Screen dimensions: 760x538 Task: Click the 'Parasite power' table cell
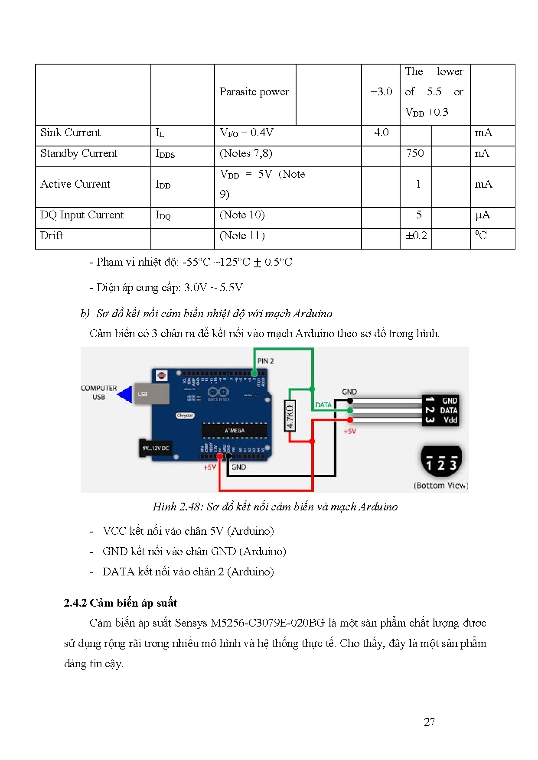[x=254, y=92]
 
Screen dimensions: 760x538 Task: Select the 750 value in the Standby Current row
[x=415, y=153]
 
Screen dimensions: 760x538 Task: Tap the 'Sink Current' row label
[x=70, y=133]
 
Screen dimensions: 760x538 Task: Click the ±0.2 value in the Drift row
[x=416, y=236]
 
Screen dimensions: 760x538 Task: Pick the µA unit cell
[x=483, y=215]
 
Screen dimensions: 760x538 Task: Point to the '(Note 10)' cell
[x=242, y=215]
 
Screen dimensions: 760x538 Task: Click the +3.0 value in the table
[x=381, y=92]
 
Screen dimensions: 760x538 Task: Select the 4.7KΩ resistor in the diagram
[x=290, y=415]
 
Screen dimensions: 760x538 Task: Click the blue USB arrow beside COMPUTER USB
[x=125, y=394]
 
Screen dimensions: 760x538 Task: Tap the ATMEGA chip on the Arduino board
[x=235, y=431]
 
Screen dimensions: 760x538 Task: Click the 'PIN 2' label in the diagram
[x=265, y=361]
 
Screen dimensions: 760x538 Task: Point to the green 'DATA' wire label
[x=323, y=405]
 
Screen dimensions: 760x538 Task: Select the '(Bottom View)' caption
[x=441, y=485]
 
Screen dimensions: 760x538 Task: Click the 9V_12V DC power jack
[x=156, y=448]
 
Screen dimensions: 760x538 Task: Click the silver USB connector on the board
[x=150, y=394]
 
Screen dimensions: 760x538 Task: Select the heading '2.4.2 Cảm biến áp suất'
[x=121, y=603]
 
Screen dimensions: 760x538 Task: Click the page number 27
[x=429, y=722]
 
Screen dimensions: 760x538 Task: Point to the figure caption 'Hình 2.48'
[x=275, y=507]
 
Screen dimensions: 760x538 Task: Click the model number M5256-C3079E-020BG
[x=267, y=623]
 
